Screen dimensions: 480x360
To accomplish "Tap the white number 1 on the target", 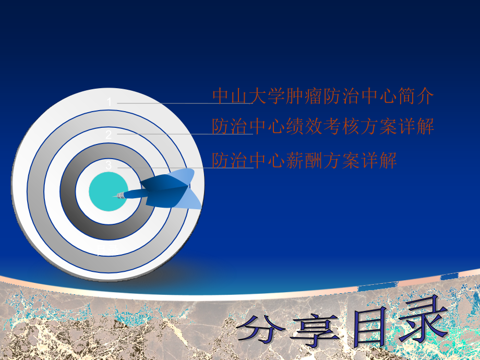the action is [x=110, y=102].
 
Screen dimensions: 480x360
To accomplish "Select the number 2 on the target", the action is [x=109, y=135].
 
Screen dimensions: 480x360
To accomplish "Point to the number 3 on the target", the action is [x=109, y=165].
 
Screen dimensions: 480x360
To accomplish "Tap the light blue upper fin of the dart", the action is [x=181, y=175].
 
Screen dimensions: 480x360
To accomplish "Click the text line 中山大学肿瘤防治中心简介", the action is [x=323, y=96].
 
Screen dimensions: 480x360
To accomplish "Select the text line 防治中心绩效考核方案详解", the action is [x=323, y=126].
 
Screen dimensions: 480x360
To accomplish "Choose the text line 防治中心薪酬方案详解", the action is [x=304, y=160].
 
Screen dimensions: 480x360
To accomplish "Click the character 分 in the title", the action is [x=261, y=329].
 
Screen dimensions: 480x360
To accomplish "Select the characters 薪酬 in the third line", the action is [x=304, y=160].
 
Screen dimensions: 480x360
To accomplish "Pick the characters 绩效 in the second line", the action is [x=304, y=126].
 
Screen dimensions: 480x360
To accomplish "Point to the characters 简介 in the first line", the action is [x=416, y=96].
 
